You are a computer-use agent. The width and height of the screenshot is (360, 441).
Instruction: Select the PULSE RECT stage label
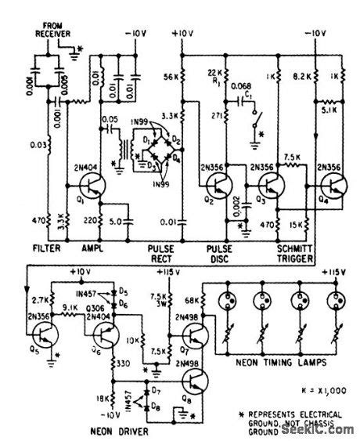pyautogui.click(x=162, y=251)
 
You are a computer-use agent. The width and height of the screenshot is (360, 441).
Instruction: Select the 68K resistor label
pyautogui.click(x=193, y=300)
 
